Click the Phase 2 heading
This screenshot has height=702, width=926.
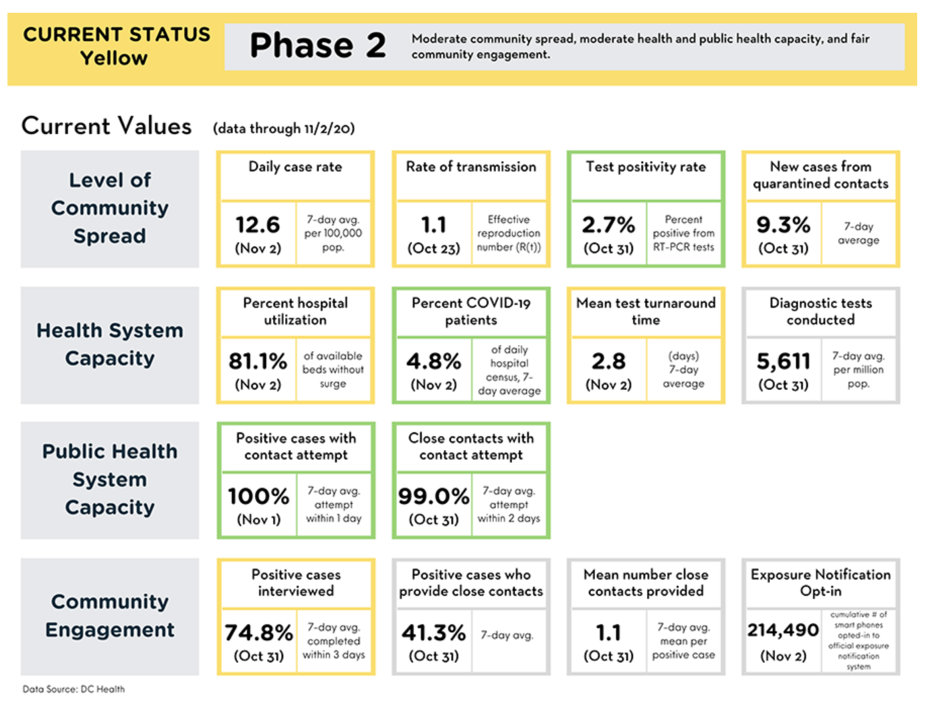317,45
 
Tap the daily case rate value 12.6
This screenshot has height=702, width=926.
257,224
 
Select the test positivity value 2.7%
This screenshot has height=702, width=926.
609,224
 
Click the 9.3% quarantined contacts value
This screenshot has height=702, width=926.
783,224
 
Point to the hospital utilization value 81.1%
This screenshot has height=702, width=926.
257,361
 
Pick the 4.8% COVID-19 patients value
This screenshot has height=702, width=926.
433,361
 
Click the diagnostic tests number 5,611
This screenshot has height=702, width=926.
783,361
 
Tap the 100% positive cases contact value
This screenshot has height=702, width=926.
259,496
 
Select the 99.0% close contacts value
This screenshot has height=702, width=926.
433,496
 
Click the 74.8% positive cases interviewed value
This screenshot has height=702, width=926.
259,633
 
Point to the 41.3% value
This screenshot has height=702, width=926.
433,633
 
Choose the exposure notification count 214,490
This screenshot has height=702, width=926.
783,631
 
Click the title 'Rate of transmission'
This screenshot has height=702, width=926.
471,166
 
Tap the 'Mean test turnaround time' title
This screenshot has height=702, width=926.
646,311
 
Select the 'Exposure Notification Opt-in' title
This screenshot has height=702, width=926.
821,583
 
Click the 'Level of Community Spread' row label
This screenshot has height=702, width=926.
110,208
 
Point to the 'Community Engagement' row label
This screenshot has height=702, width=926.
110,616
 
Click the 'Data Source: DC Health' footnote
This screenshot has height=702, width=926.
74,689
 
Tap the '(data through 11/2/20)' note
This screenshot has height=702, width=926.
284,128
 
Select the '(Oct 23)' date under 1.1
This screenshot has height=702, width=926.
433,249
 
